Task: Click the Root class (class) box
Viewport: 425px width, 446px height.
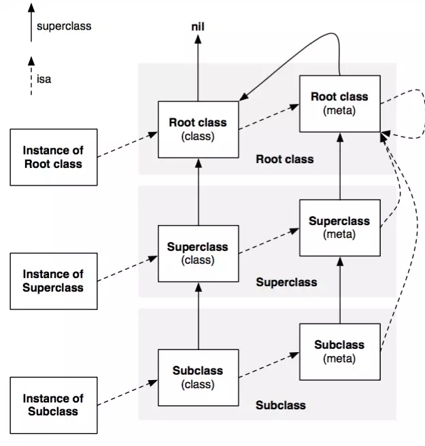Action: point(198,130)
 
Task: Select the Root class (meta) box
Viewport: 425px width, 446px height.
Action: point(339,104)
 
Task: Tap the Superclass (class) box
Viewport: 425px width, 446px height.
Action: point(198,254)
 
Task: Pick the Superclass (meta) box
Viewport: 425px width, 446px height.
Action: point(339,228)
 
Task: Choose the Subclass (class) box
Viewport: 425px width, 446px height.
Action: point(198,377)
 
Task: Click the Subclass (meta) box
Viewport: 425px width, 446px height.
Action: point(339,351)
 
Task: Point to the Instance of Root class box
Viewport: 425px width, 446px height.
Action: point(52,158)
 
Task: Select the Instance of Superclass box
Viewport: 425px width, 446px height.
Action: point(52,281)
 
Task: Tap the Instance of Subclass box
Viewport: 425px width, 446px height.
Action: point(52,405)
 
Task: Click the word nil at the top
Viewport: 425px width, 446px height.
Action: point(198,27)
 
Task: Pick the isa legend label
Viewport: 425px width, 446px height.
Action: point(44,79)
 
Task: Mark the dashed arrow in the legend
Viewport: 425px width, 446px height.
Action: point(31,76)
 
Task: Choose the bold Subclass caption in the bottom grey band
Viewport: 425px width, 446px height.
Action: point(281,405)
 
